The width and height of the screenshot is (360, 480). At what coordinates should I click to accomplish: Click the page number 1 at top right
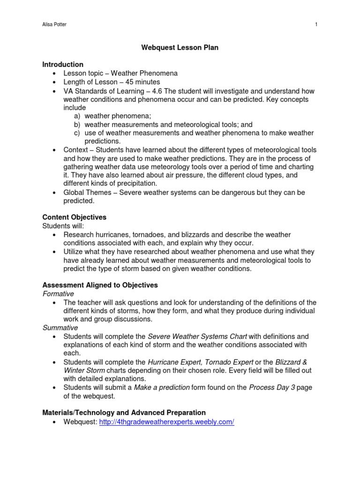[x=317, y=25]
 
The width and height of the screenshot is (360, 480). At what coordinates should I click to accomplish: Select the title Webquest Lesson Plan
[x=180, y=48]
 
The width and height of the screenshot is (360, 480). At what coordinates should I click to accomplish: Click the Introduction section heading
[x=63, y=65]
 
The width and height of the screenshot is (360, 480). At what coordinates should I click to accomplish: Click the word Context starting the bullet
[x=75, y=150]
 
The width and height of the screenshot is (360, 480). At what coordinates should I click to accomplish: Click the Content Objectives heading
[x=75, y=217]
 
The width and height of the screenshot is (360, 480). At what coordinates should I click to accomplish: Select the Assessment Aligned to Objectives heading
[x=100, y=285]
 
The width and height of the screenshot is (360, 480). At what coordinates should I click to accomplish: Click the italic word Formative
[x=59, y=294]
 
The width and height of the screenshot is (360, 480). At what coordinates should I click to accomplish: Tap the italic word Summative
[x=60, y=328]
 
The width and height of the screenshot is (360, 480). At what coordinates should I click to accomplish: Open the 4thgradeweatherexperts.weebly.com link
[x=166, y=422]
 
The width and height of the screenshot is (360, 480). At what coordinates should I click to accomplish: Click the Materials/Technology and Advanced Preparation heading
[x=124, y=412]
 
